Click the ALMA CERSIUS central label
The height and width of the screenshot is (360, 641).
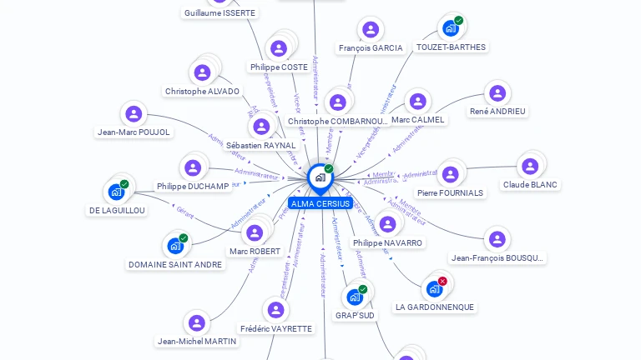(320, 203)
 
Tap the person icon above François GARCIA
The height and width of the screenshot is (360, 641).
(370, 30)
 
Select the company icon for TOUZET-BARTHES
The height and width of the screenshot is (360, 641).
(451, 28)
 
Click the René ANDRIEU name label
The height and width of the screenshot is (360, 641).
(497, 111)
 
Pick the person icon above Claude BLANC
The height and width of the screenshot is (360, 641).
(529, 166)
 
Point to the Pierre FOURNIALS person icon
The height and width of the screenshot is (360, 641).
(450, 174)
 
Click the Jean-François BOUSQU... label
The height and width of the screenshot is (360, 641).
(497, 258)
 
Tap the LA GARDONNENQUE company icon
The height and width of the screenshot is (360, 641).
(434, 288)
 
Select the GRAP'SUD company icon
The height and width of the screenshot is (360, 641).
(355, 297)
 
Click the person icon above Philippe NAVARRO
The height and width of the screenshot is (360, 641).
(387, 224)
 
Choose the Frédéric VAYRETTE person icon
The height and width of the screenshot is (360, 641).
(275, 310)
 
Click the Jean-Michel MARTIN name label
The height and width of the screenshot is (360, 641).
(197, 341)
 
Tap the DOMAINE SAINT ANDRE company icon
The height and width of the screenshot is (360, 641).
(175, 246)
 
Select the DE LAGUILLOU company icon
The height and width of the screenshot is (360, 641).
(116, 192)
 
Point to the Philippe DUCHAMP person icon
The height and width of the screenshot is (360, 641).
(193, 167)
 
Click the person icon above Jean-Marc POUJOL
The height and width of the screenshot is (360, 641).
(134, 113)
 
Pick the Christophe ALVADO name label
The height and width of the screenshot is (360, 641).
(202, 92)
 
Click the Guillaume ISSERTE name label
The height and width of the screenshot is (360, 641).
(220, 13)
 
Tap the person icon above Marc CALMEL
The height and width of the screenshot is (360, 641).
(417, 102)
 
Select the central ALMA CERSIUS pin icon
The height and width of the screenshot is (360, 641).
(320, 177)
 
